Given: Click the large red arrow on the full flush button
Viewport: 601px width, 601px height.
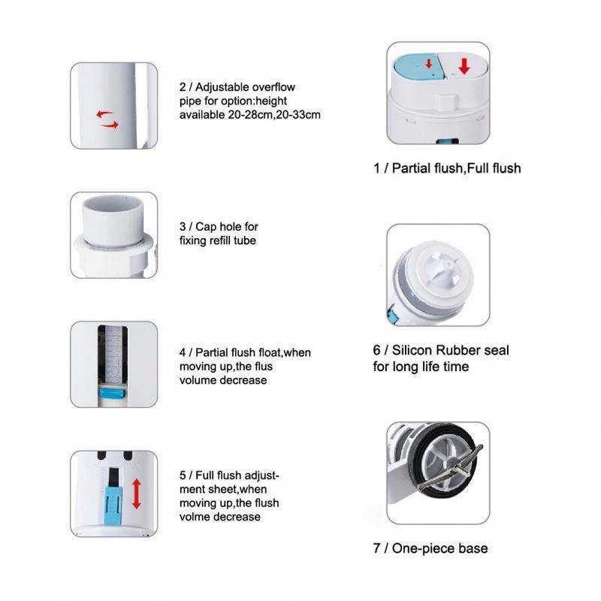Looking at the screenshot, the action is tap(464, 66).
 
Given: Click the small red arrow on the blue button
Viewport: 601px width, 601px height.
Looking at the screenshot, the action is tap(429, 64).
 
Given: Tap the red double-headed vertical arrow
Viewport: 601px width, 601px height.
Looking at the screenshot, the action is tap(137, 494).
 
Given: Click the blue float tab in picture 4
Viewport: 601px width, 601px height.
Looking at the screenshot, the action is tap(112, 394).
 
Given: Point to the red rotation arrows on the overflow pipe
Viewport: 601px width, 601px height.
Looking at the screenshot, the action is tap(107, 119).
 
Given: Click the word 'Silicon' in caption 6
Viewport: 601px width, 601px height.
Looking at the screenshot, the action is tap(412, 350).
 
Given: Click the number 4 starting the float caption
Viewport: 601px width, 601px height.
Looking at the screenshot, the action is tap(183, 352).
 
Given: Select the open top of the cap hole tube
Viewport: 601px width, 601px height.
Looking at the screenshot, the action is tap(113, 203).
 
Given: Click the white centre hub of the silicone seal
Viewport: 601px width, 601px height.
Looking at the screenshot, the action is tap(441, 268).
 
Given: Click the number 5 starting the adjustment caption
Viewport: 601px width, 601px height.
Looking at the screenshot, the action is tap(183, 476).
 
